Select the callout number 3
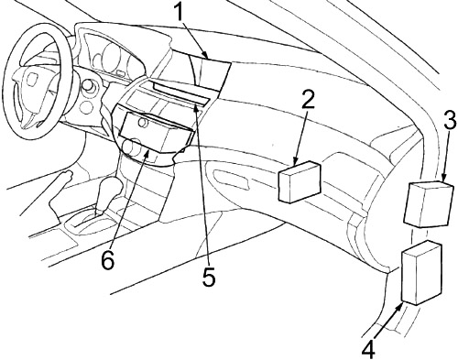point(448,120)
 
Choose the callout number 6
point(107,259)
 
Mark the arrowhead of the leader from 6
point(147,155)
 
